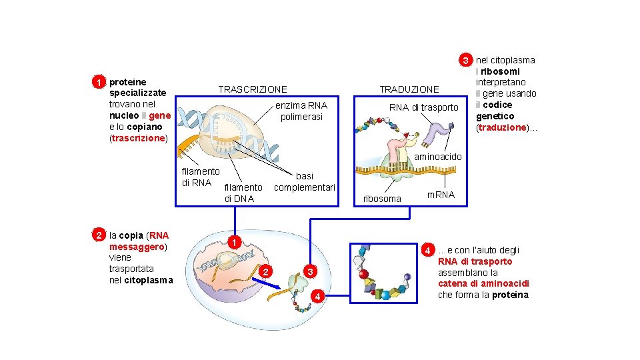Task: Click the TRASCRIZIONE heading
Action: click(x=253, y=89)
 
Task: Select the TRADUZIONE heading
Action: click(x=409, y=89)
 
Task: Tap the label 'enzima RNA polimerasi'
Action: click(x=301, y=111)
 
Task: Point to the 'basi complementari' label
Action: click(x=305, y=182)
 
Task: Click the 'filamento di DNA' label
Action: click(x=243, y=193)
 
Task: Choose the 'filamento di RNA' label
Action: click(x=200, y=177)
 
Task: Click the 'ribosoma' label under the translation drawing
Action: click(x=382, y=199)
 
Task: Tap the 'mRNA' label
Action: click(x=441, y=195)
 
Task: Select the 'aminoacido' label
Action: click(x=438, y=156)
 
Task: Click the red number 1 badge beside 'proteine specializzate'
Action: click(x=98, y=82)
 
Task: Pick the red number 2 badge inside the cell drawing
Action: click(x=266, y=271)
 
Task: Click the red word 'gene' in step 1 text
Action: click(x=161, y=115)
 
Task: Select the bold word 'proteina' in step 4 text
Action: click(x=510, y=295)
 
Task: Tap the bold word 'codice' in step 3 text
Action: click(x=498, y=105)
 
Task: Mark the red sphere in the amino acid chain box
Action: click(x=363, y=274)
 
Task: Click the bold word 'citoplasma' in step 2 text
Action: click(x=148, y=279)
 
